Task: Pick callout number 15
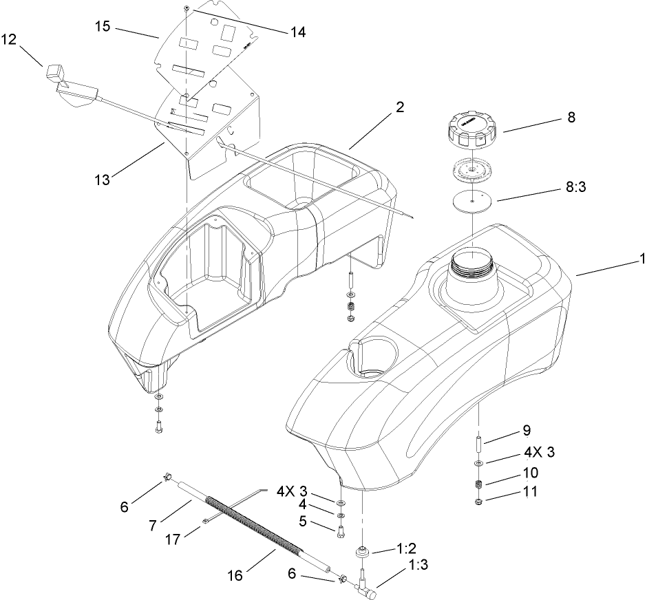click(103, 25)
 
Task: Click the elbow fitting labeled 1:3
click(364, 589)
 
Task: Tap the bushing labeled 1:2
click(363, 552)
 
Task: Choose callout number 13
click(103, 181)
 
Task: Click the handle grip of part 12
click(54, 72)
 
